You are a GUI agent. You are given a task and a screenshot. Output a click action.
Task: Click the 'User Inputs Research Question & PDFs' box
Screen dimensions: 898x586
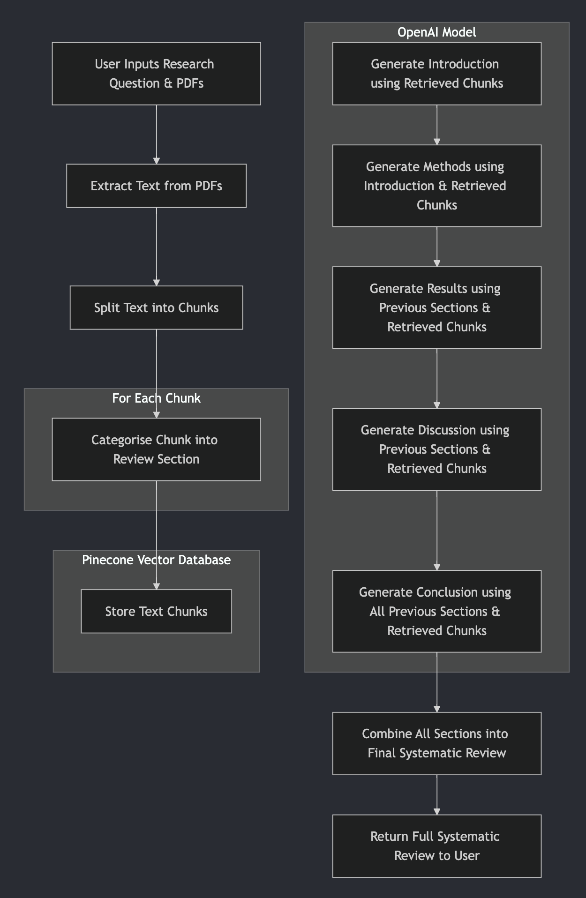click(156, 74)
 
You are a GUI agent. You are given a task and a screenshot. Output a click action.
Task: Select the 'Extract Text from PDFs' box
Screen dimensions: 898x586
click(156, 186)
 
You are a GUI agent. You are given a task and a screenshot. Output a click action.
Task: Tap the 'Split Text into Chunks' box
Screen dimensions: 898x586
click(156, 307)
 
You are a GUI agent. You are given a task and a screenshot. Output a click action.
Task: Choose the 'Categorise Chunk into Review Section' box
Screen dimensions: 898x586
click(156, 449)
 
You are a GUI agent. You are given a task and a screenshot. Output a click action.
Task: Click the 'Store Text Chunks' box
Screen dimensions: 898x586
click(156, 611)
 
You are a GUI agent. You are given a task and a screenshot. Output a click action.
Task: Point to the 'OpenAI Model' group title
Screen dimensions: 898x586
click(436, 32)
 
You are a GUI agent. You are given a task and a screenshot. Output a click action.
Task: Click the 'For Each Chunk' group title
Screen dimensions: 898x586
click(156, 398)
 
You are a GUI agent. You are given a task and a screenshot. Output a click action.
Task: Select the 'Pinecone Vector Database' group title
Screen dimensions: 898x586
click(156, 560)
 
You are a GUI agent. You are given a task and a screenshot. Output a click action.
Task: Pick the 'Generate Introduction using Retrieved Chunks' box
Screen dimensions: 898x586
click(436, 74)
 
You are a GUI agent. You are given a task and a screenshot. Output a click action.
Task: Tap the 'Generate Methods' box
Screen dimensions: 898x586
click(436, 186)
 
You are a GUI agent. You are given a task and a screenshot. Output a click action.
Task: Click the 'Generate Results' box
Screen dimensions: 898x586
click(436, 307)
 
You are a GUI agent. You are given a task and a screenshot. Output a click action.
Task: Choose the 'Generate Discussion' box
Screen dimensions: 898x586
click(436, 449)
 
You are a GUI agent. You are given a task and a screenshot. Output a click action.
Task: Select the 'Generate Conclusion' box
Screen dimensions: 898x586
click(436, 611)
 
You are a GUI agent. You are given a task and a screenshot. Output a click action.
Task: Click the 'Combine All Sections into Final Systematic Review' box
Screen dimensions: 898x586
click(436, 743)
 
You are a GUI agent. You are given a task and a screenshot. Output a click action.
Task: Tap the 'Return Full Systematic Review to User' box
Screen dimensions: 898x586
click(436, 846)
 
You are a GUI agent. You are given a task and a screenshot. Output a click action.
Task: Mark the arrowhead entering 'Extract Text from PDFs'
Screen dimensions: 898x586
click(157, 161)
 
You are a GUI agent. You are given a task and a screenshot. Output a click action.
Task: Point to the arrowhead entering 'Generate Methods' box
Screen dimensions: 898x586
click(437, 142)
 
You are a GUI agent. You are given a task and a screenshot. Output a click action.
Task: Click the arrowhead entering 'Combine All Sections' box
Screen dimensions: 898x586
click(437, 709)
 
